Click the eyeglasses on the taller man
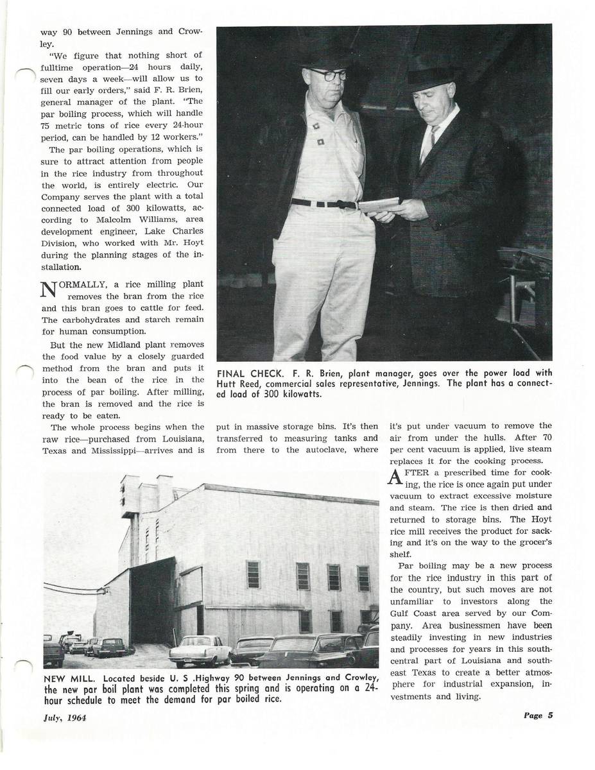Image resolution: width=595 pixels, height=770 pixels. point(327,74)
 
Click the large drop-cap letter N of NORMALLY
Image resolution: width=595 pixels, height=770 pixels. point(49,290)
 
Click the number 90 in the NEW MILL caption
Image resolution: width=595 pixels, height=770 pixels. point(240,678)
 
